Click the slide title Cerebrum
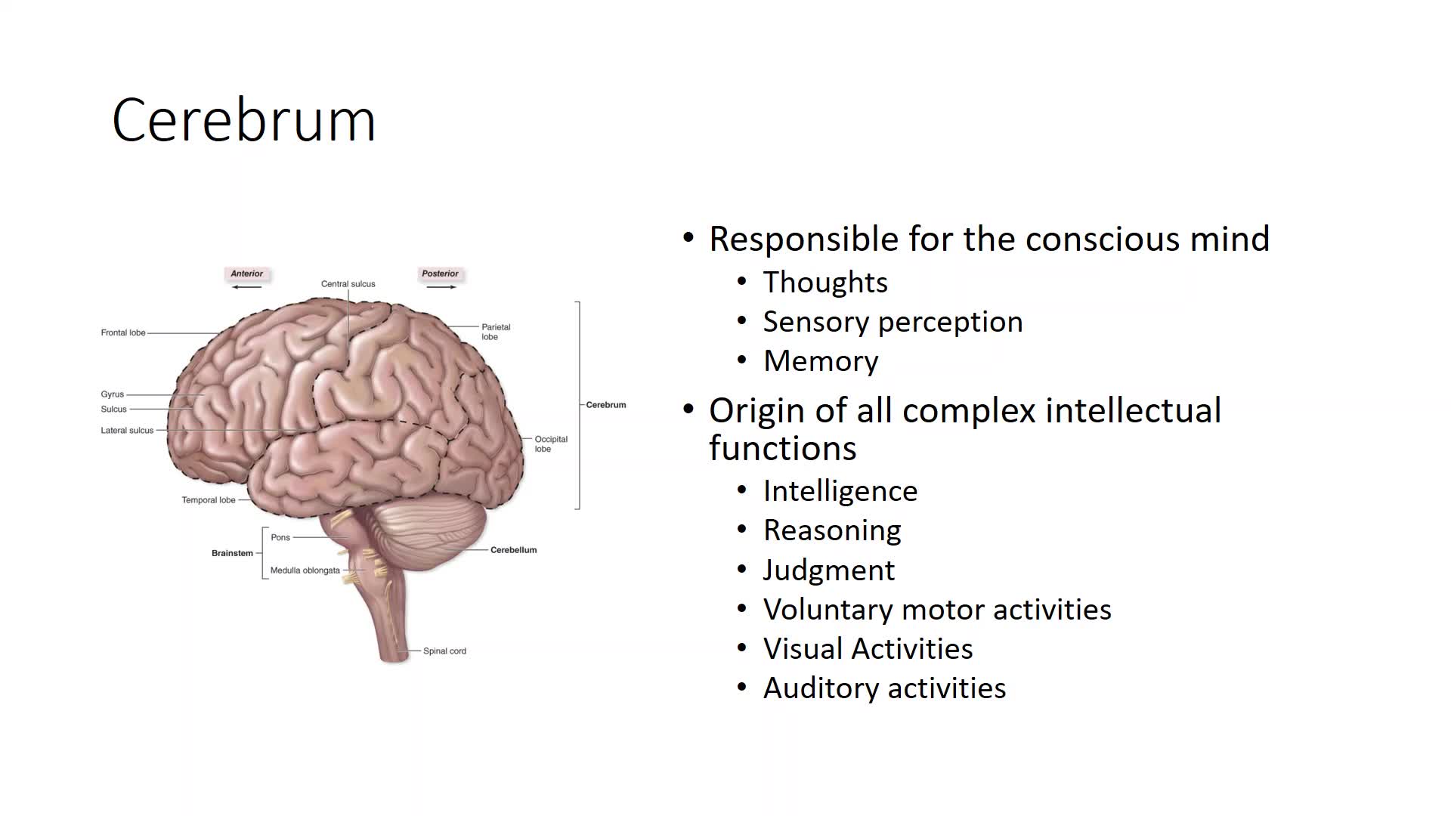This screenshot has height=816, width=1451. (x=243, y=120)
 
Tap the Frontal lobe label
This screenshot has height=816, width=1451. (x=123, y=332)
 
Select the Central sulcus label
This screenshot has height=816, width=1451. (x=348, y=284)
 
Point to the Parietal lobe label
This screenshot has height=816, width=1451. (x=496, y=332)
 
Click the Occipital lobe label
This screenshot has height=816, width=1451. (x=551, y=444)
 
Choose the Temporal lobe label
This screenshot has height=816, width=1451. (x=209, y=500)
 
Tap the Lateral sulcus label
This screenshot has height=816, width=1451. (x=127, y=431)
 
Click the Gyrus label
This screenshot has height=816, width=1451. (x=112, y=394)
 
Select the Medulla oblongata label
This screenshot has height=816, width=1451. (x=305, y=570)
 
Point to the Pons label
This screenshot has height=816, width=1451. (x=280, y=537)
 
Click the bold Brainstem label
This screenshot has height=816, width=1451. (x=232, y=553)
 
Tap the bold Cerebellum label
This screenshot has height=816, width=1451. (x=514, y=550)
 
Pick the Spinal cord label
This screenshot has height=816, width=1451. (x=444, y=651)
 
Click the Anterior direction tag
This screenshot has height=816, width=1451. (x=247, y=274)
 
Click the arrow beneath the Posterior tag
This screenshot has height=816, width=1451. (x=441, y=287)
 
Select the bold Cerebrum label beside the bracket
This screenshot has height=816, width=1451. (x=606, y=405)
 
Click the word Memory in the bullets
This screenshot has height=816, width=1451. (x=821, y=361)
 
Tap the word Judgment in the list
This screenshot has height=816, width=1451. (x=829, y=570)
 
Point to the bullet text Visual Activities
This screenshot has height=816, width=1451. (x=868, y=648)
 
